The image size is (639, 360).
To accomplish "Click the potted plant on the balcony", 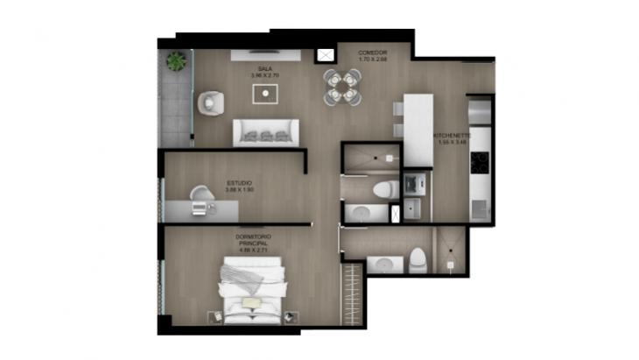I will pos(177,61).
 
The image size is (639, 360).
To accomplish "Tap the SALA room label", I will pos(263,67).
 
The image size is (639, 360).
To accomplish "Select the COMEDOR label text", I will pos(372,53).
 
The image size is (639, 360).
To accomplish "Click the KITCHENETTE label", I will pos(453,136).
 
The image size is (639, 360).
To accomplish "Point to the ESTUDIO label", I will pos(239,183).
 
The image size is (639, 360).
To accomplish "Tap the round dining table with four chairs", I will pos(341,87).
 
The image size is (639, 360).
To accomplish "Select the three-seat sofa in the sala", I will pos(265,132).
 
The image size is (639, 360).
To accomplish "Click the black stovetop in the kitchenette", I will pos(479,163).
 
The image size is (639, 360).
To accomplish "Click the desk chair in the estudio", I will pos(202,194).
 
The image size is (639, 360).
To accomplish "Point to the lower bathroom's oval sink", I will pos(383,264).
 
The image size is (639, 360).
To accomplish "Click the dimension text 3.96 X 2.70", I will pos(263,75).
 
